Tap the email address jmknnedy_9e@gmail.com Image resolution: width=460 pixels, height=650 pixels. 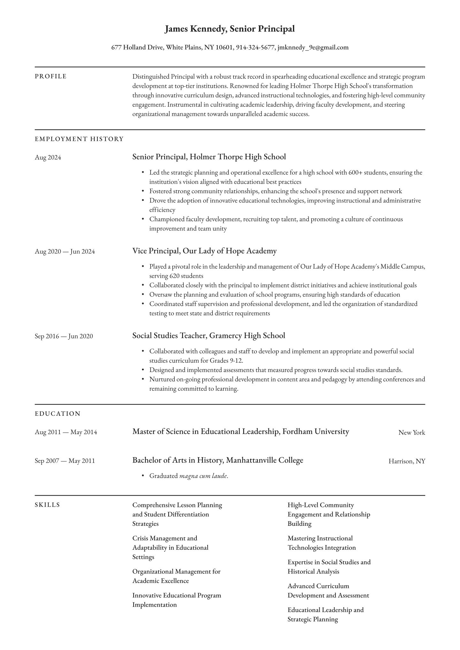pos(313,48)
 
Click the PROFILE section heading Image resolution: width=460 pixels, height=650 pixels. pos(50,76)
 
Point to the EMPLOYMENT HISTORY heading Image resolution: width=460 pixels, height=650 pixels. pos(79,139)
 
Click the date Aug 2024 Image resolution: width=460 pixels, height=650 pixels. pos(48,157)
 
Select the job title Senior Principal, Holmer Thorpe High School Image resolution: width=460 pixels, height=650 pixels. pos(209,157)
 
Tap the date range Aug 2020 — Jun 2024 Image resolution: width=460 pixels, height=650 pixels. pos(65,252)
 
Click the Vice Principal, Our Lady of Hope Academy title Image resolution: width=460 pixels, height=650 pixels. pos(204,251)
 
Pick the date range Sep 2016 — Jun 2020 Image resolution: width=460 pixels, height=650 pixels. pos(64,336)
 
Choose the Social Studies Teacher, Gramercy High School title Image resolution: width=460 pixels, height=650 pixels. pos(209,336)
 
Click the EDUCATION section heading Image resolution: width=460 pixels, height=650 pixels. pos(57,414)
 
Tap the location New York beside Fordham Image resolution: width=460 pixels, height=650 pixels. pos(411,433)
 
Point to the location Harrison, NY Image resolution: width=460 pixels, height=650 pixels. pos(407,461)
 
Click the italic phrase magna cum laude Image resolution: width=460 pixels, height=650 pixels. pos(203,476)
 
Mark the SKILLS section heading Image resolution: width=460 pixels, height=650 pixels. pos(47,505)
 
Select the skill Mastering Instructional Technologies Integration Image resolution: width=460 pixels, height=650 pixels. pos(321,543)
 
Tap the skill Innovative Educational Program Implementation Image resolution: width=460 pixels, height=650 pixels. pos(176,600)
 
